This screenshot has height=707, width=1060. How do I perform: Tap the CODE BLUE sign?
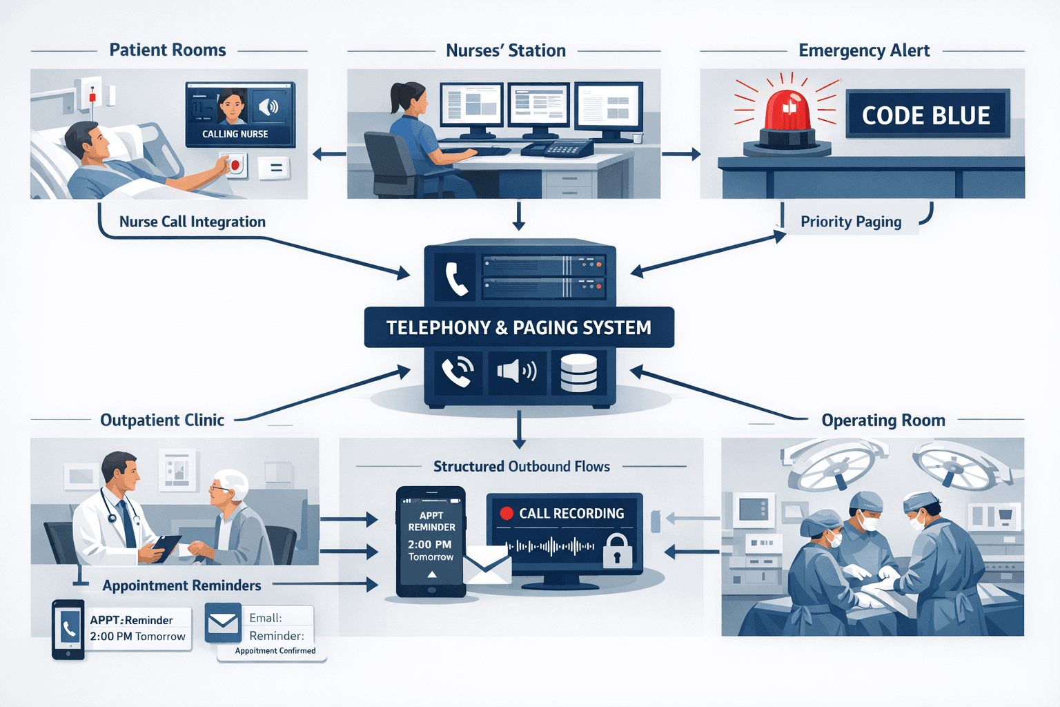coord(927,115)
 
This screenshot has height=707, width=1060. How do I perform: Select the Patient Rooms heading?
coord(168,50)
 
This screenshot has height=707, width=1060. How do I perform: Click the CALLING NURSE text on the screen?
coord(235,134)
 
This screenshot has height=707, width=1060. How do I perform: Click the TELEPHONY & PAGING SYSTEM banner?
coord(518,327)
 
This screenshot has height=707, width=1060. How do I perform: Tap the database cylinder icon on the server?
coord(578,373)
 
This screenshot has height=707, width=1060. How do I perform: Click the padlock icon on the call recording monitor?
coord(617,550)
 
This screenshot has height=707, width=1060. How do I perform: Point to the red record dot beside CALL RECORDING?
coord(507,513)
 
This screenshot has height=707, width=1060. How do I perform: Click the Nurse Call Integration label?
coord(192,222)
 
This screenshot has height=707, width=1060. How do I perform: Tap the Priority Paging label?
coord(850,222)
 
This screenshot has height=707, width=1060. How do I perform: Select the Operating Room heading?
coord(883,420)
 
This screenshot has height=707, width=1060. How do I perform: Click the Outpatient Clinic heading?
coord(162,420)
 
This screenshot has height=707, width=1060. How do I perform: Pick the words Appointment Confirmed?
coord(275,650)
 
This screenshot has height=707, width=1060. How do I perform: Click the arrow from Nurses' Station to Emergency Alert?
coord(680,154)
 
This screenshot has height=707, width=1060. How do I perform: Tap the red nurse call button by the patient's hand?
coord(235,166)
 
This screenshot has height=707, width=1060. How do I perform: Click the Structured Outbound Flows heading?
coord(521,467)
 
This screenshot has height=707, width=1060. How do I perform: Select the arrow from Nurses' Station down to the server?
coord(519,215)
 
